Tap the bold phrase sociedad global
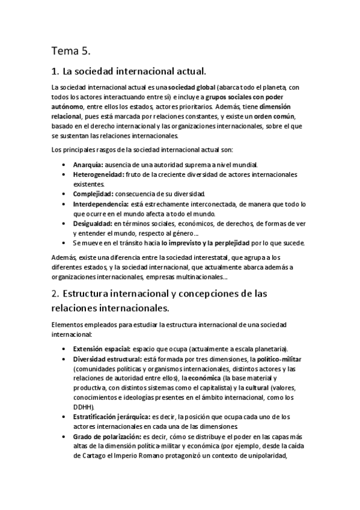[x=190, y=87]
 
